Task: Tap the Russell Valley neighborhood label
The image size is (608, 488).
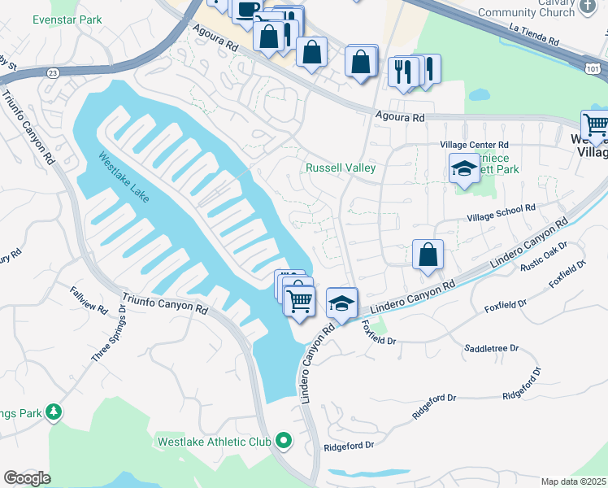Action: coord(340,168)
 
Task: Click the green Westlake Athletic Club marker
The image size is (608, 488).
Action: coord(283,442)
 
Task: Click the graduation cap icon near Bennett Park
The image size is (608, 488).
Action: coord(463,168)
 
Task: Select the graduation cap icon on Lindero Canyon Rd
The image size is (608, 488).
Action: coord(342,303)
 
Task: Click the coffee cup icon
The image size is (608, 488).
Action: coord(247,9)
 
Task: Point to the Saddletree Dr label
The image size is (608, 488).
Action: coord(491,348)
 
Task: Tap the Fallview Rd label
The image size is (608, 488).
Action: coord(88,298)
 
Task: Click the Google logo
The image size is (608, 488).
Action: coord(27,477)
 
